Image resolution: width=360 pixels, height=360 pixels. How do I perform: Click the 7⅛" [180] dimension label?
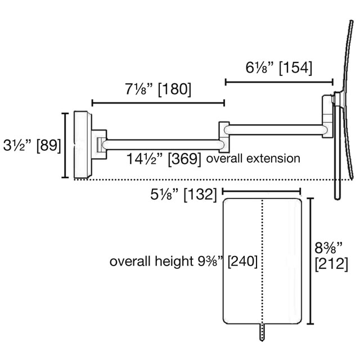point(158,89)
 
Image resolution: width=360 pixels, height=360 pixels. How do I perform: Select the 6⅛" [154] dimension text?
point(279,67)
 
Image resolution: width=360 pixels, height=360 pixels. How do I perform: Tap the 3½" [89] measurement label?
point(32,145)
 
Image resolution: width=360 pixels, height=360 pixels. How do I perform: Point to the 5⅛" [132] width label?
point(184,195)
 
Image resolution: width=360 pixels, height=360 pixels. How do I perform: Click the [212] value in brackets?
point(331,264)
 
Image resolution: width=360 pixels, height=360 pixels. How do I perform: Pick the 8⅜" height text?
point(328,248)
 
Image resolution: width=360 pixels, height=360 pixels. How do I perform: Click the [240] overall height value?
point(242,261)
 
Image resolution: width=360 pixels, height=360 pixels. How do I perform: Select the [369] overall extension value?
point(184,159)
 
